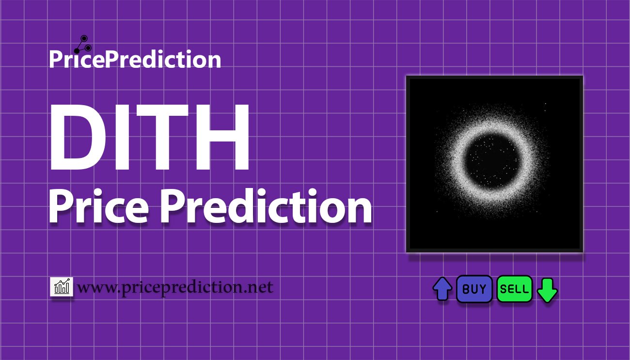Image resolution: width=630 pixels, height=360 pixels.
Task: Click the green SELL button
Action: [515, 289]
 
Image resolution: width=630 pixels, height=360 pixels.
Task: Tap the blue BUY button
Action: [474, 289]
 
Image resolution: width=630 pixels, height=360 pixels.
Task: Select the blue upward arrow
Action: [442, 289]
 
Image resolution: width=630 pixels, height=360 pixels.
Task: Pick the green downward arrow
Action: [548, 290]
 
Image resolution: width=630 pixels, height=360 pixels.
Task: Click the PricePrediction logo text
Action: [135, 60]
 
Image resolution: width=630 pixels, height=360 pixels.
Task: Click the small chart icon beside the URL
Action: [62, 287]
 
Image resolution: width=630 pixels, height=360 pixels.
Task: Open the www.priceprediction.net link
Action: [175, 288]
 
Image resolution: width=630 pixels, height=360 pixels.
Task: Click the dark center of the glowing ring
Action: [493, 161]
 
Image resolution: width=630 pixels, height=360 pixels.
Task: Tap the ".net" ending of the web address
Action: [257, 288]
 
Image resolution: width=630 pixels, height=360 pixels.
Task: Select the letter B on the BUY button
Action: [466, 289]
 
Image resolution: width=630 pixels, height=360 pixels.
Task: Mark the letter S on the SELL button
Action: [504, 289]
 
